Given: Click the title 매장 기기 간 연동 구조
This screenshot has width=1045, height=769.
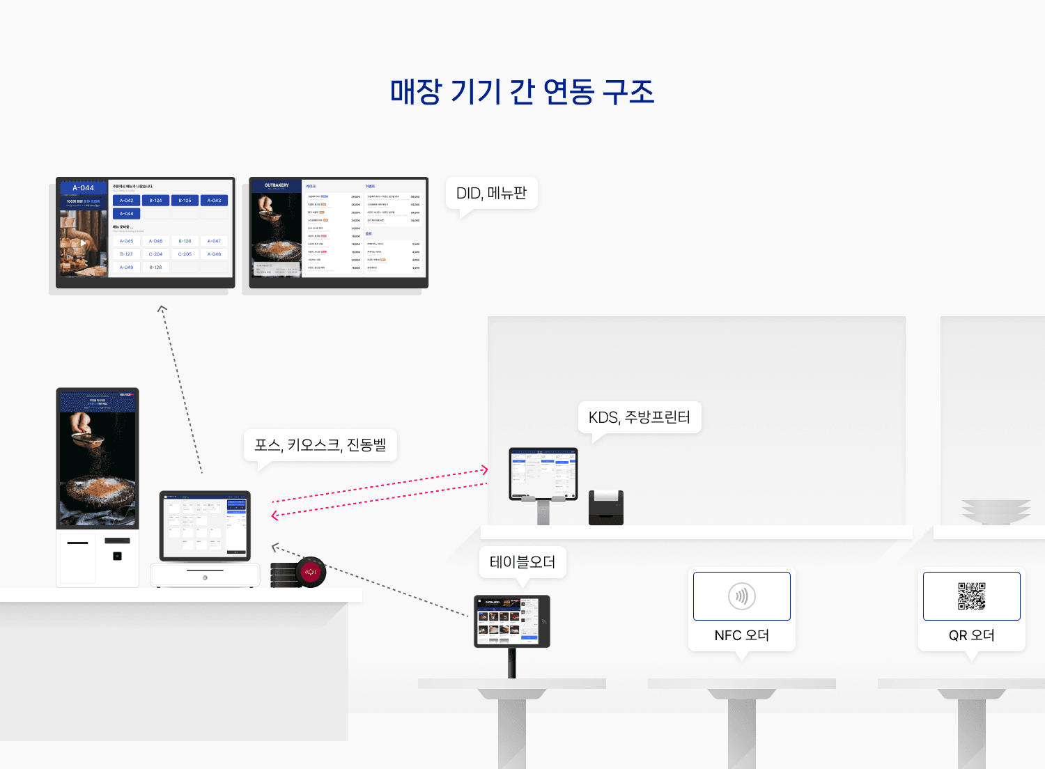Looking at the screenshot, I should [x=522, y=92].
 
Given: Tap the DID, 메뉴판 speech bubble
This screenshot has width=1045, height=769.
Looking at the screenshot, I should [x=491, y=193].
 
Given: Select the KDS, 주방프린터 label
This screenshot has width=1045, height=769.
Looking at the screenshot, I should [x=639, y=417].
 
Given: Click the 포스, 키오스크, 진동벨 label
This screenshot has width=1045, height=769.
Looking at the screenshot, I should [x=320, y=444].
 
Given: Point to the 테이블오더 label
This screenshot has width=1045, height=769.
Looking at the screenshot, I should [x=522, y=562].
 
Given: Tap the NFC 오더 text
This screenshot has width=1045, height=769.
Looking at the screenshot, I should [x=741, y=635].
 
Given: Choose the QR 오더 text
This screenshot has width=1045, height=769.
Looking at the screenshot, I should [x=971, y=635].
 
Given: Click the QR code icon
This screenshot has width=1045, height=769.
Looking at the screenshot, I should [x=971, y=596].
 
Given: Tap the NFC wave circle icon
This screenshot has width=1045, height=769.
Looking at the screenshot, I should [x=741, y=596].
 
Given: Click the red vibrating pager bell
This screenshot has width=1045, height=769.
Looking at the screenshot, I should [x=310, y=572].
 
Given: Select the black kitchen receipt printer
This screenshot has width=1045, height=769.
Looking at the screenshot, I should [x=605, y=508].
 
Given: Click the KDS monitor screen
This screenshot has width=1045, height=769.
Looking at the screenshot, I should [x=543, y=472].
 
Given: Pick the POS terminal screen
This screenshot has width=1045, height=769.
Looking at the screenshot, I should [x=205, y=525].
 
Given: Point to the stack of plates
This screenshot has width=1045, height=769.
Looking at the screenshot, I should [x=996, y=511].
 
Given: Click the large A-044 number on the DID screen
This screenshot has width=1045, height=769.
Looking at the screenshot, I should [x=83, y=188].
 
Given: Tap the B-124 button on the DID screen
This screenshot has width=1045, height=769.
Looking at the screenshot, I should [x=155, y=201].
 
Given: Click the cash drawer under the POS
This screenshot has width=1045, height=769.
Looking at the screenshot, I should [x=205, y=575].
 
